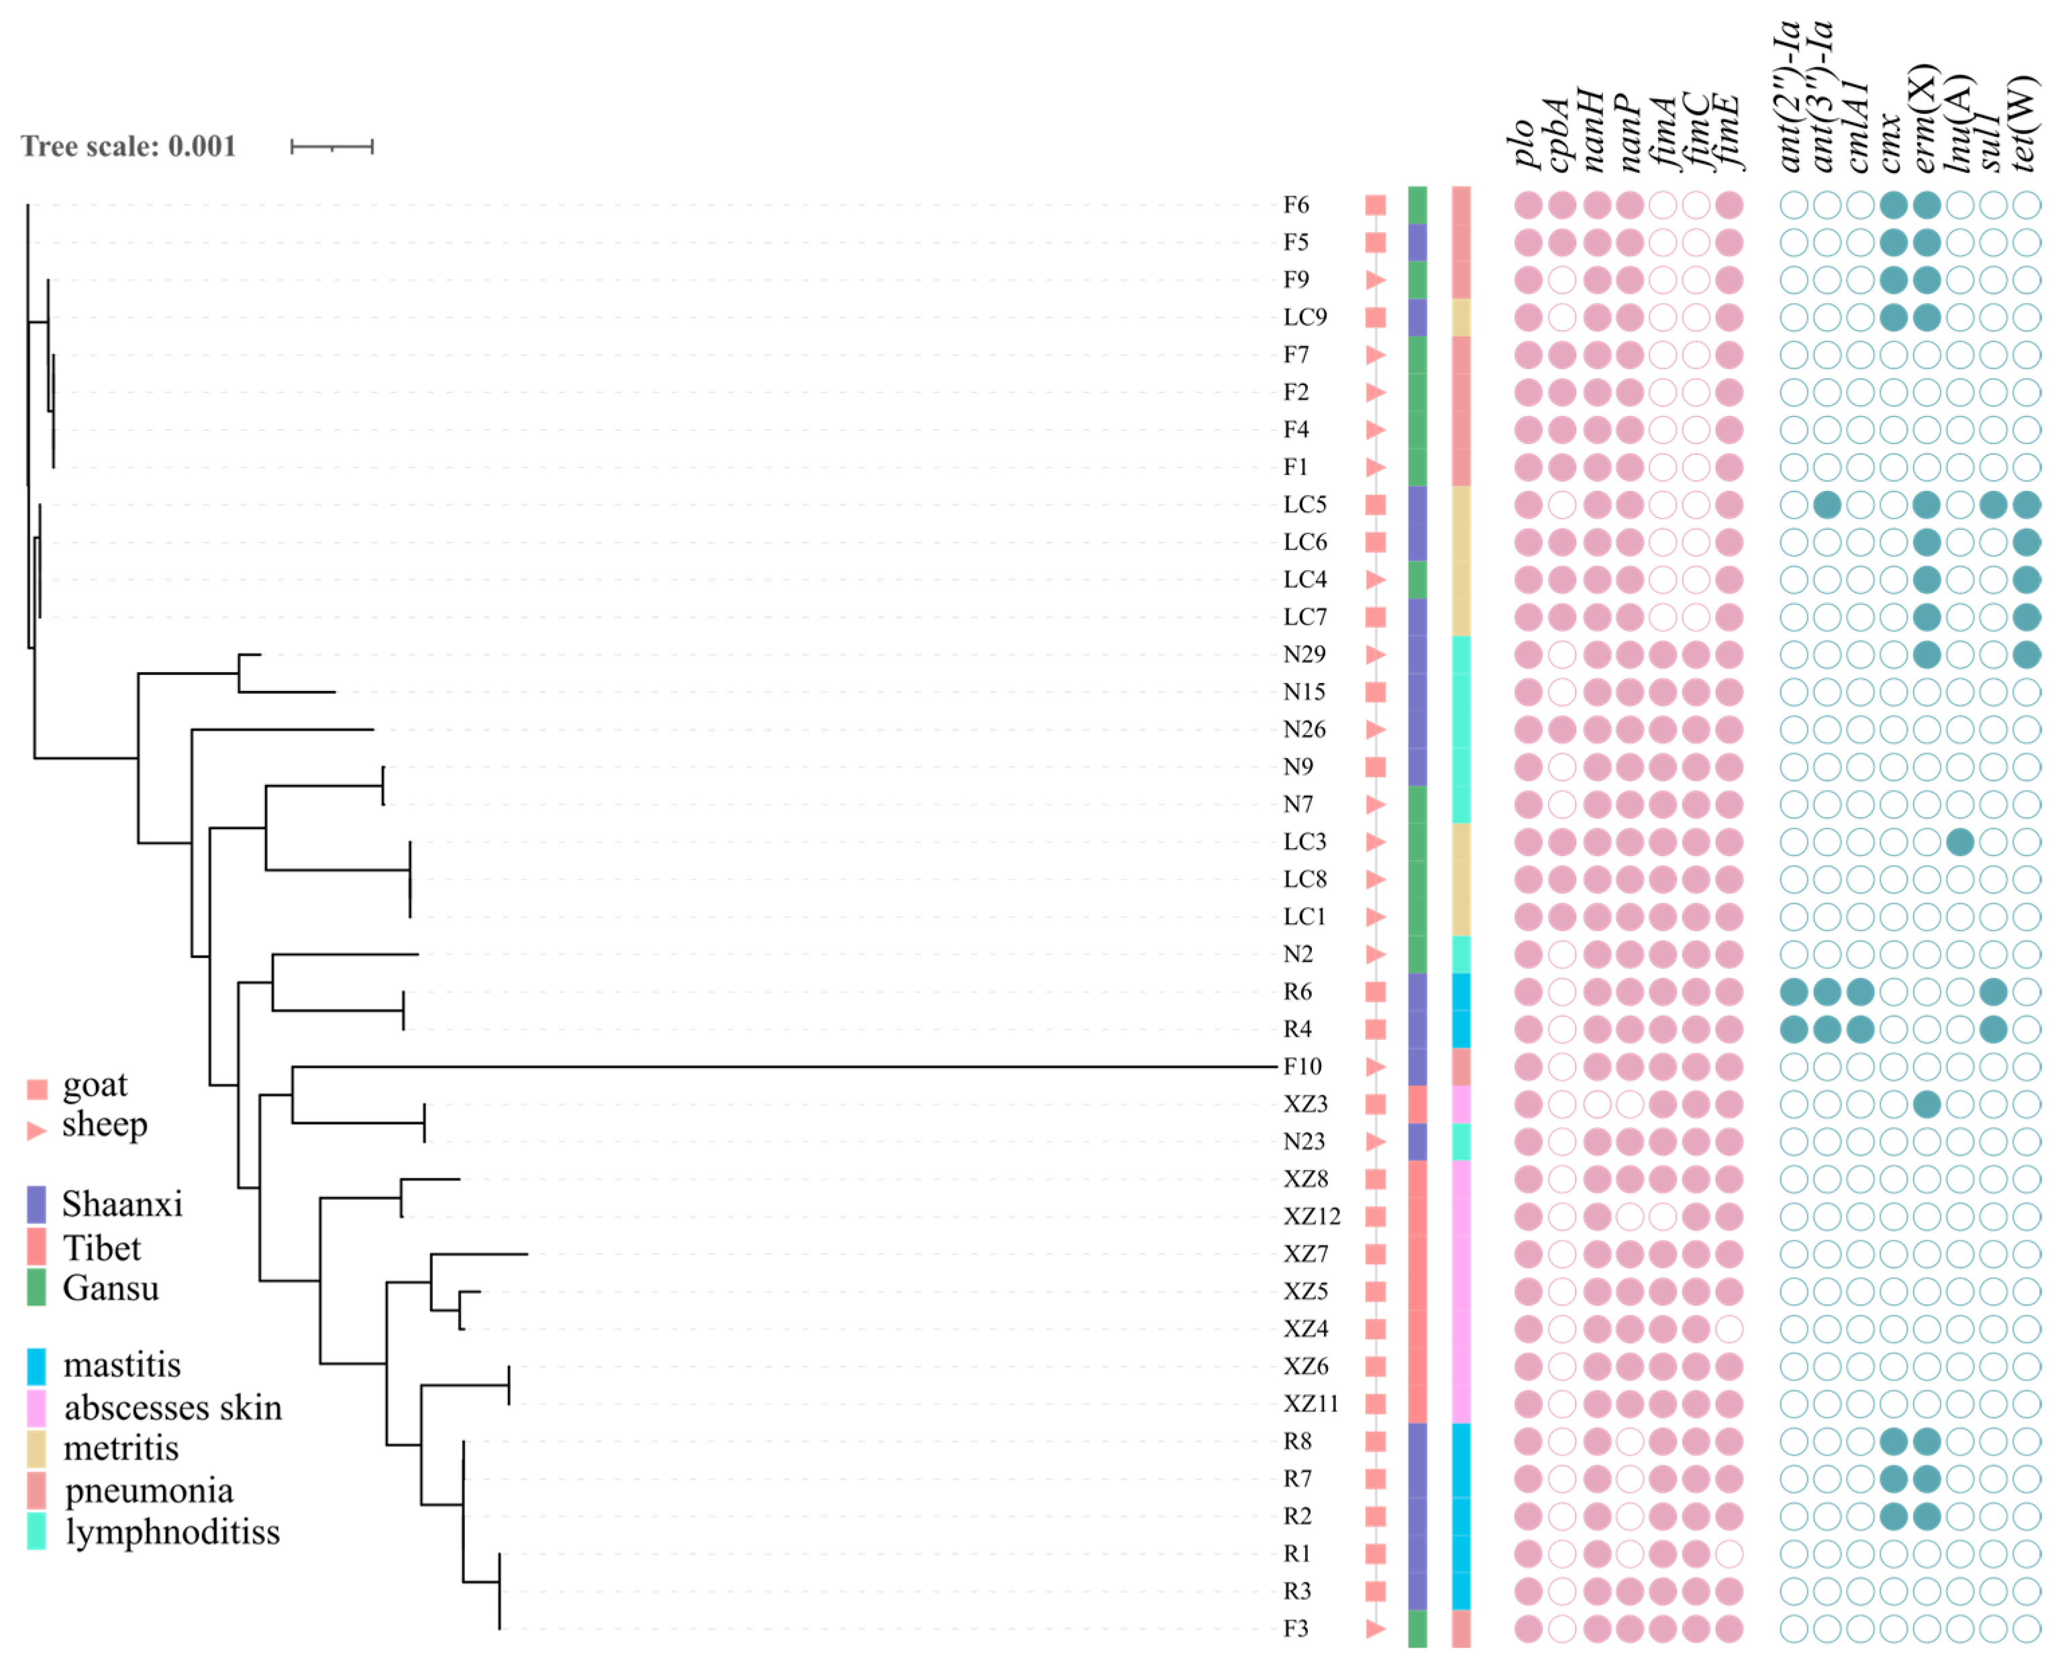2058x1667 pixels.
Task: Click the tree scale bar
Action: coord(331,146)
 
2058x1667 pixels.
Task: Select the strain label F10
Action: coord(1302,1066)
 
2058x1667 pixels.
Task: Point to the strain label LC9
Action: coord(1304,317)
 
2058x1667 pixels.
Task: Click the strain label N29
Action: coord(1304,654)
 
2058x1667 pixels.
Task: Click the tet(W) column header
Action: coord(2024,125)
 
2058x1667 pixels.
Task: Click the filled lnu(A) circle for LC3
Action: coord(1960,842)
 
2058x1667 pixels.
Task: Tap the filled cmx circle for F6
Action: coord(1893,205)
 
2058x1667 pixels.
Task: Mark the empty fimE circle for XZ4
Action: coord(1729,1329)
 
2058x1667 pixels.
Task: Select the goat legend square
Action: coord(36,1089)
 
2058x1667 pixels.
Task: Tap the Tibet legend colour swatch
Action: coord(36,1246)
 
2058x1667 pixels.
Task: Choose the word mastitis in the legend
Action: coord(122,1364)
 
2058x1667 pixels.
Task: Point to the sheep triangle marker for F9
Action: coord(1375,280)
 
